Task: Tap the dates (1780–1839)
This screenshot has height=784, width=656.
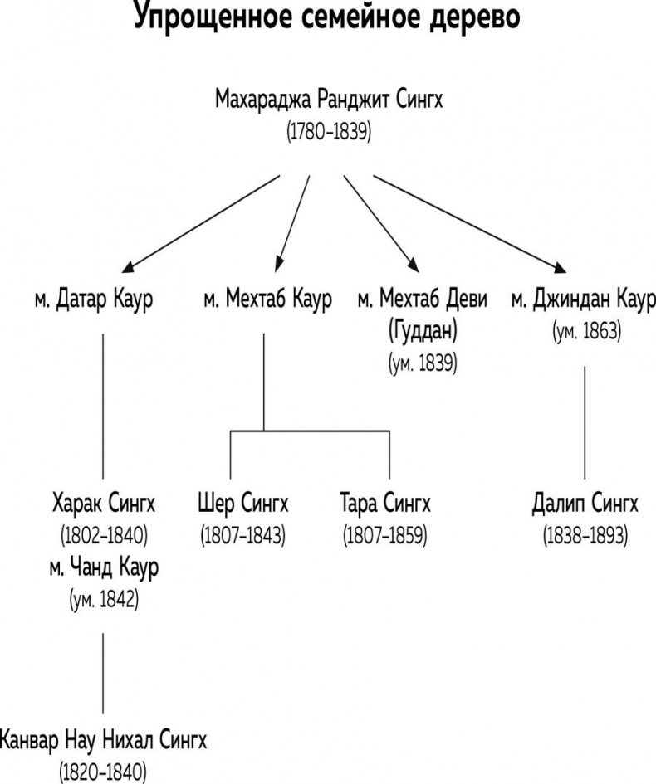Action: [329, 131]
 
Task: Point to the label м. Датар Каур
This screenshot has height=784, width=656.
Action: [94, 299]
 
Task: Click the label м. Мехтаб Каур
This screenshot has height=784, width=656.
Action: [267, 299]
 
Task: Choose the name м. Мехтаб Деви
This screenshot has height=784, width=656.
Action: [423, 299]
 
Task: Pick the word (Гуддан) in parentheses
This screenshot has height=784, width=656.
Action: [423, 331]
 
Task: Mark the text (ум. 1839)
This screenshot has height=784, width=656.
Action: [423, 363]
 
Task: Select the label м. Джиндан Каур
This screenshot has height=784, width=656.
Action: [583, 299]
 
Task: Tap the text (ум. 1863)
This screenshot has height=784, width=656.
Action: [585, 331]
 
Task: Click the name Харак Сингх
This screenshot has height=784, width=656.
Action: [104, 503]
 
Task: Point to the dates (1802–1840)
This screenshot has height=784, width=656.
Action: [104, 535]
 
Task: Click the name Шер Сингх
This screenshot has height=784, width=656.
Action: [243, 503]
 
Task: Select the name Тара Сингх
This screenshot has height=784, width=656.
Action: [385, 503]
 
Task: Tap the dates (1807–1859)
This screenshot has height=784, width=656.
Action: [385, 535]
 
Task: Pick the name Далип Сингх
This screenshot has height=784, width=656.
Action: [585, 503]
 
